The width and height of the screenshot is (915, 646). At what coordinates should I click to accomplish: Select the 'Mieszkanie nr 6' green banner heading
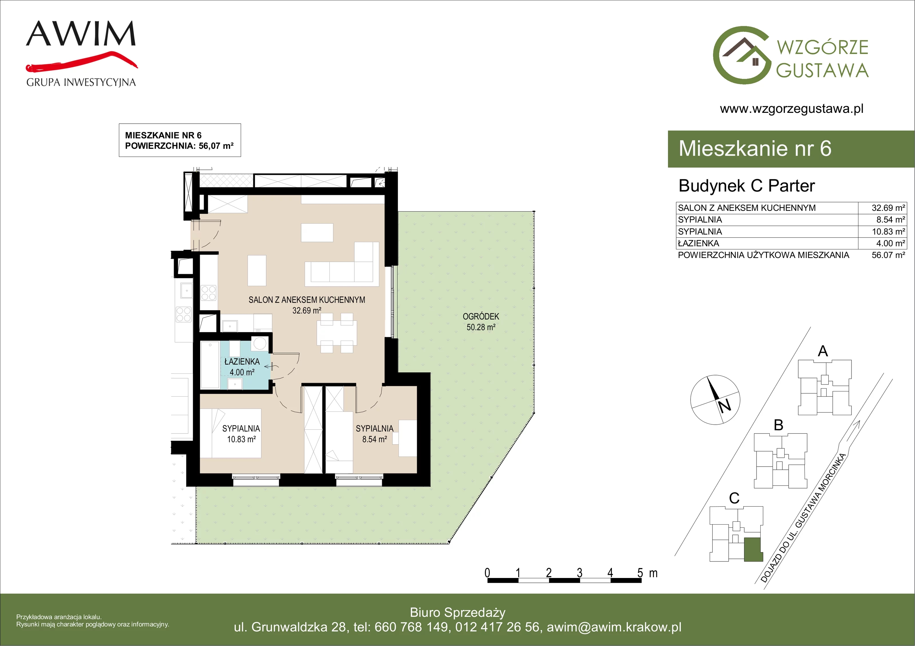pos(755,149)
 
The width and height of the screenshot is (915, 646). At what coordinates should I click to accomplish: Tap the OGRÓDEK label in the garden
pos(481,317)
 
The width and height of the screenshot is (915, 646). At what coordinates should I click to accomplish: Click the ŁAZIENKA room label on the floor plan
pos(242,362)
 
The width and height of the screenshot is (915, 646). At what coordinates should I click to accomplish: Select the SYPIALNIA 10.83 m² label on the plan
pos(241,434)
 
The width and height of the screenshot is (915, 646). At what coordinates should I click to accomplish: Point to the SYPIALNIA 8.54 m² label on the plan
pos(375,434)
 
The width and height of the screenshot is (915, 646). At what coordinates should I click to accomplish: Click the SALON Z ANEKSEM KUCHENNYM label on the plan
pos(307,300)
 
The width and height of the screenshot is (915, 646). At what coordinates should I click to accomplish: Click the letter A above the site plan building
pos(823,351)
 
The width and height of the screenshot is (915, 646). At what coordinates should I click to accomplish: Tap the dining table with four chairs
pos(337,333)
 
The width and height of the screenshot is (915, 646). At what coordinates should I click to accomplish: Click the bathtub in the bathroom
pos(210,364)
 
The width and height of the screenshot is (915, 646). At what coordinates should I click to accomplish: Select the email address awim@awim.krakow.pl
pos(614,627)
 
